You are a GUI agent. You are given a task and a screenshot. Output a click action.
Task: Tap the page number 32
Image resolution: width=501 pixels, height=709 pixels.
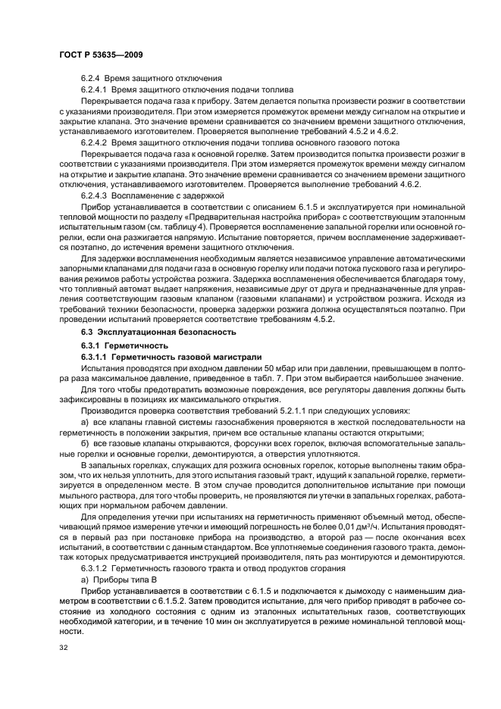[x=61, y=647]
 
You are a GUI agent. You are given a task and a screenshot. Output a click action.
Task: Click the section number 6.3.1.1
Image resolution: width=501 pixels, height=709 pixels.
[x=96, y=355]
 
